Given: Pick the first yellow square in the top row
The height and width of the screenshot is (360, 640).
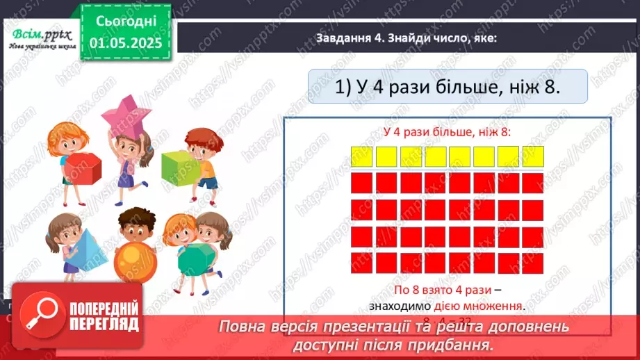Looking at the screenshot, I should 362,156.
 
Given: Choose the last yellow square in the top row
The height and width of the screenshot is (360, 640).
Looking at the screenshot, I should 532,156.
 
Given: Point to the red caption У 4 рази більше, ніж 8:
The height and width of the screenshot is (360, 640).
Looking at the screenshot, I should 448,132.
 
